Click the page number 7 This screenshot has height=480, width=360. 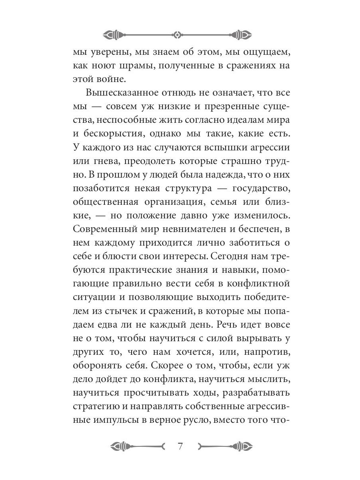coord(180,446)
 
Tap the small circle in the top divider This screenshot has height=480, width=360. coord(177,34)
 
